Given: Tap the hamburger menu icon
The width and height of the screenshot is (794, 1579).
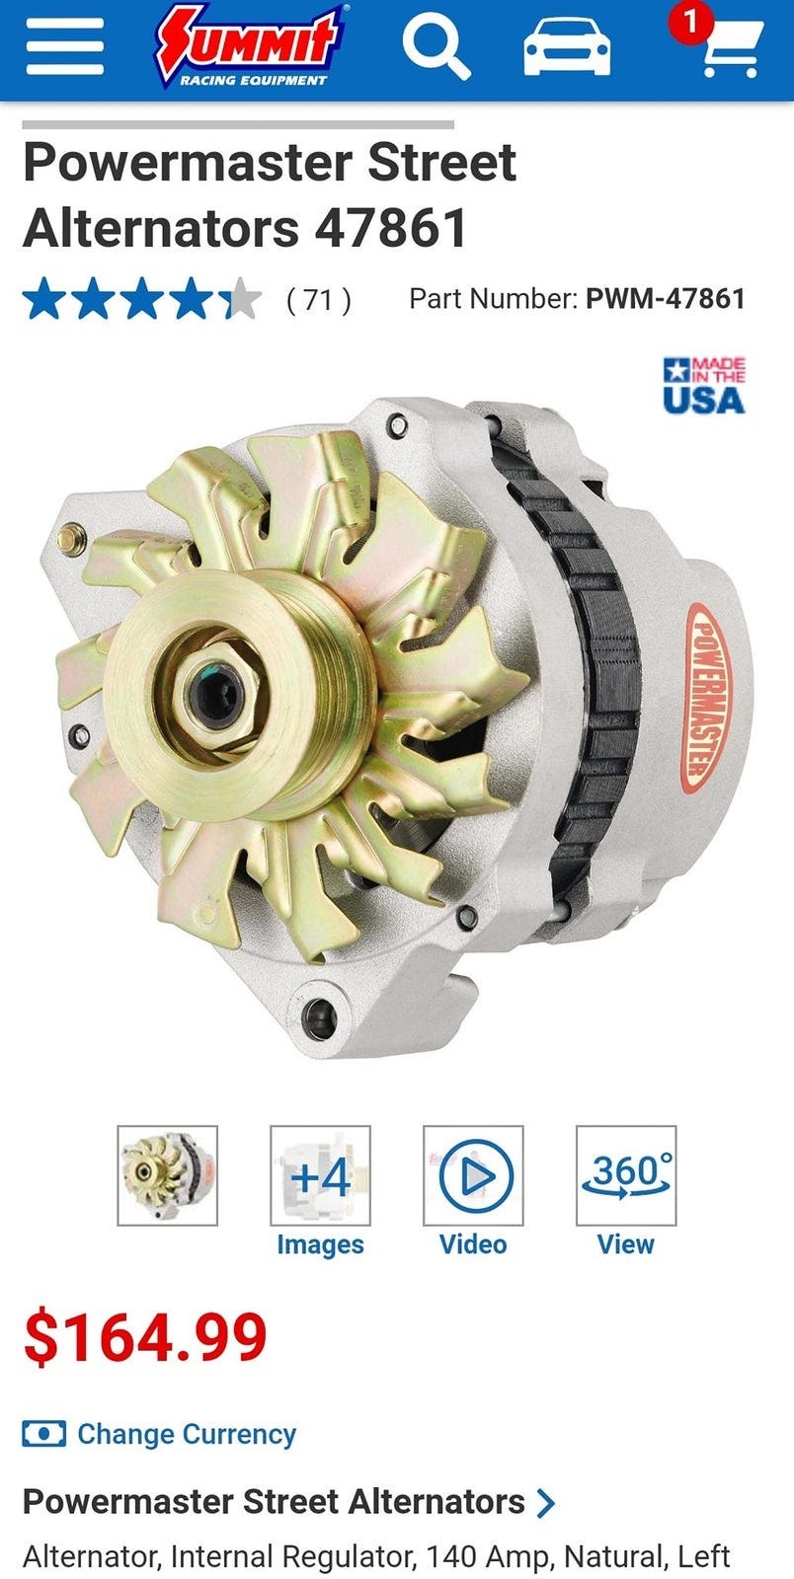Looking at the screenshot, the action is point(65,46).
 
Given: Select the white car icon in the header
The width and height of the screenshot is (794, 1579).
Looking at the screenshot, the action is point(567,47).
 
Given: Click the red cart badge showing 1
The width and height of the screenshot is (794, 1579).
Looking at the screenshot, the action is point(690,24).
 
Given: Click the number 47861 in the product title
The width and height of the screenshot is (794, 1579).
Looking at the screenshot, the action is point(391,228).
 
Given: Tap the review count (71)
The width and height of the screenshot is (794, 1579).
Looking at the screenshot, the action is point(319,300).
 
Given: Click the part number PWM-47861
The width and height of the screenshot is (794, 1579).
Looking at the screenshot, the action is point(665,299).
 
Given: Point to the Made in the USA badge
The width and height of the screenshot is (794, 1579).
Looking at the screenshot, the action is point(704,385).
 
